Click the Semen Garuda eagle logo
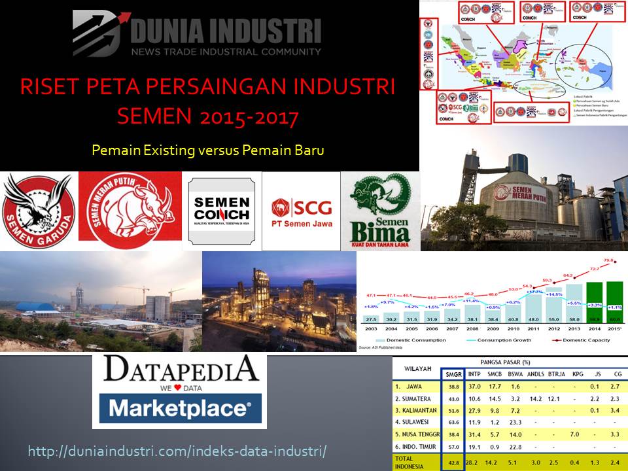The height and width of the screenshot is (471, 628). [x=38, y=209]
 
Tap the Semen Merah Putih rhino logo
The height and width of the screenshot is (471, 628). [x=130, y=206]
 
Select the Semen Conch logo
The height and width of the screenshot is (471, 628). [x=222, y=211]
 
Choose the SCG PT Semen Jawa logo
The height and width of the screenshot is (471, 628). [x=302, y=211]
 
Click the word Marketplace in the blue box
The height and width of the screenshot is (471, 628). [x=179, y=409]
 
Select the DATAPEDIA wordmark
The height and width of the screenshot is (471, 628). [x=180, y=368]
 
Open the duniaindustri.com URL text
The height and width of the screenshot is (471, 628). [x=177, y=451]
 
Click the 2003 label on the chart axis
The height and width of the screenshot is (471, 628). [x=370, y=329]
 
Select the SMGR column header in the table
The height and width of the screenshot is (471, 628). [x=453, y=374]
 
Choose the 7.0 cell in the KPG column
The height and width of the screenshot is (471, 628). [x=576, y=434]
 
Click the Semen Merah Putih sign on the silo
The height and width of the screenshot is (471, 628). [x=520, y=192]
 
